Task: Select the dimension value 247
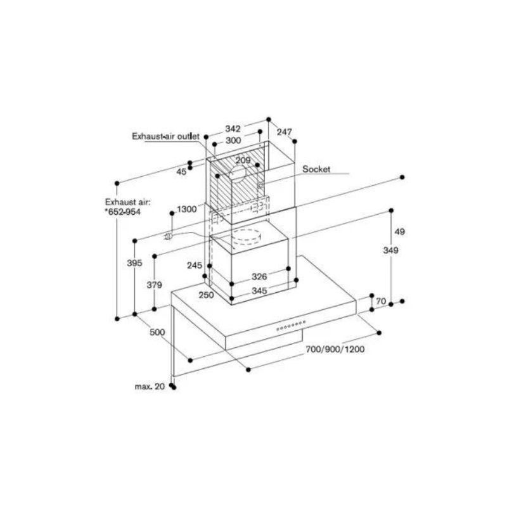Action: click(x=285, y=132)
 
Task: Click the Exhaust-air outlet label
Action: click(x=165, y=136)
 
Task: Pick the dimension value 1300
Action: click(x=186, y=209)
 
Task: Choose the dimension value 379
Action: click(x=154, y=285)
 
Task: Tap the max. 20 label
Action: click(x=150, y=386)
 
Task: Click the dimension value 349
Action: click(x=391, y=251)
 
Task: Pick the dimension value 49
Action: click(x=399, y=231)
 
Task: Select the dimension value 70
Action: click(x=380, y=302)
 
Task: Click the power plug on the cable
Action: click(x=168, y=236)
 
